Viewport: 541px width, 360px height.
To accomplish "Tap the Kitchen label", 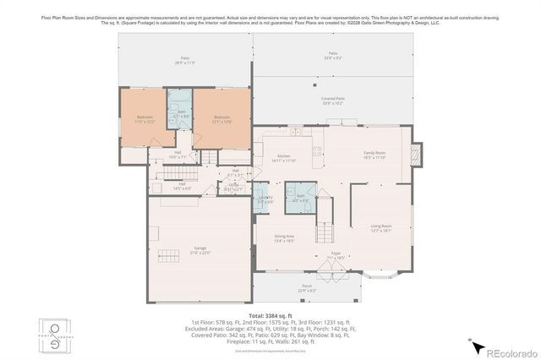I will click(x=285, y=158).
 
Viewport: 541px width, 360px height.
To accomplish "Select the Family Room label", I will click(x=374, y=155).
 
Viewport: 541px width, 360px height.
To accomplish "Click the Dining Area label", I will click(x=284, y=238).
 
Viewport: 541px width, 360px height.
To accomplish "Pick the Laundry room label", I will click(x=265, y=199).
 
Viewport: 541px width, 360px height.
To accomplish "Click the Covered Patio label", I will click(x=332, y=101).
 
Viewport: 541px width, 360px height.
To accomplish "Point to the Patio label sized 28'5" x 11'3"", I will click(x=184, y=60).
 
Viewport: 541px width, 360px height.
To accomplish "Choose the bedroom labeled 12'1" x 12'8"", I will click(x=222, y=119).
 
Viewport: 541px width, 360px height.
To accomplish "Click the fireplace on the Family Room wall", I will click(x=413, y=156).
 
